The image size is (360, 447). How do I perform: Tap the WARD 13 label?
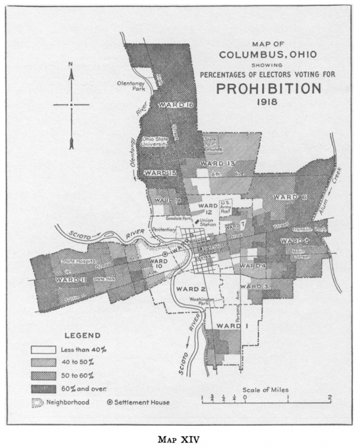pos(216,164)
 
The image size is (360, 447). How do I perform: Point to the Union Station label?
pos(206,222)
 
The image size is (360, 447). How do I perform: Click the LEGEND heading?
pos(83,335)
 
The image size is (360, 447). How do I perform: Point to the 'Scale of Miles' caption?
pos(265,389)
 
